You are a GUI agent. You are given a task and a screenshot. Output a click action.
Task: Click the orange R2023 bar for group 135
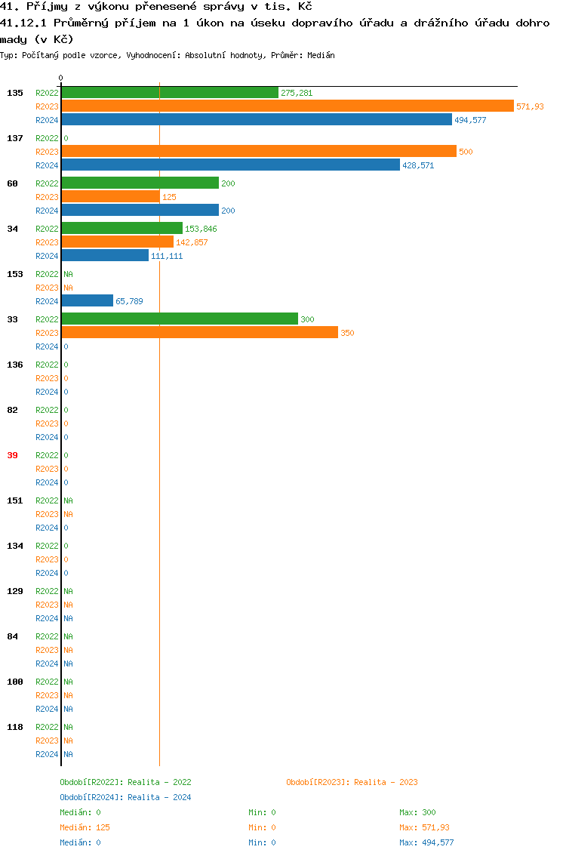pos(287,106)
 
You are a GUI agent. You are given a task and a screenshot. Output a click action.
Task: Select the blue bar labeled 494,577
pos(257,120)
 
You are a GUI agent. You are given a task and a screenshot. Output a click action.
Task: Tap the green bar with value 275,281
pos(170,93)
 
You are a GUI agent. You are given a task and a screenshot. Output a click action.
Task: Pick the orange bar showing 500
pos(259,152)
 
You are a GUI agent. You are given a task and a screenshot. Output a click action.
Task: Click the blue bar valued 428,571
pos(230,165)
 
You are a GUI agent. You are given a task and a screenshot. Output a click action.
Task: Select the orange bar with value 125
pos(111,197)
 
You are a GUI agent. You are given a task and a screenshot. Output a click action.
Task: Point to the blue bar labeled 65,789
pos(88,301)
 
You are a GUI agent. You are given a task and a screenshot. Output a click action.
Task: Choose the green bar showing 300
pos(180,319)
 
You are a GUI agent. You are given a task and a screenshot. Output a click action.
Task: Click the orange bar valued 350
pos(199,333)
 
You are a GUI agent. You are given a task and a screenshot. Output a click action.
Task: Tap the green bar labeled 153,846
pos(122,229)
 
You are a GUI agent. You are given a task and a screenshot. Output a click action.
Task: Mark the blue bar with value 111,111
pos(105,256)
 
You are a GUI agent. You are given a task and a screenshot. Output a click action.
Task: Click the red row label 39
pos(12,455)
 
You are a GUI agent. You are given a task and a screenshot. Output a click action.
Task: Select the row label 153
pos(14,274)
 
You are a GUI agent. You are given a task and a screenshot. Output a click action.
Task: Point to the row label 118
pos(14,727)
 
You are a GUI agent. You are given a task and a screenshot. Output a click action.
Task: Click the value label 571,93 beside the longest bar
pos(530,106)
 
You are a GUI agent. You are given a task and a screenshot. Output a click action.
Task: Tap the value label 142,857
pos(192,242)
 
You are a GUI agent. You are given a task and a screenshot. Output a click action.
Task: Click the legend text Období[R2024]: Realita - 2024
pos(125,797)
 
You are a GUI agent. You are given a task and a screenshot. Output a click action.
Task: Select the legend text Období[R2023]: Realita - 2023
pos(352,782)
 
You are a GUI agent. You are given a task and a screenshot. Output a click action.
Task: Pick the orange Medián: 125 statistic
pos(85,827)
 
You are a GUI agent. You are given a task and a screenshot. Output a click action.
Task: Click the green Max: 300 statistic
pos(417,812)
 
